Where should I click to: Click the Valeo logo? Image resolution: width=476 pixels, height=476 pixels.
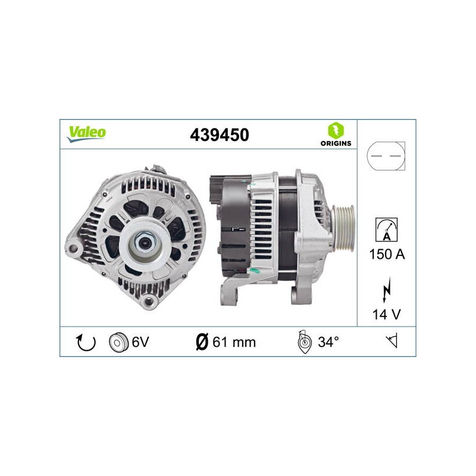[x=86, y=134]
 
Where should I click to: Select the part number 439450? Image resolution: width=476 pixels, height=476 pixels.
[x=220, y=135]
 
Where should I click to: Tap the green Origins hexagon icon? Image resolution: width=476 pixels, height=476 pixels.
[x=336, y=130]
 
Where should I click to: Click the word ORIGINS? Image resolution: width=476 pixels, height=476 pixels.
[x=336, y=143]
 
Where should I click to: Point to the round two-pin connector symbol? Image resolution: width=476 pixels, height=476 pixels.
[x=386, y=156]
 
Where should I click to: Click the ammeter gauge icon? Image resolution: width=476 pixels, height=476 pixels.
[x=386, y=230]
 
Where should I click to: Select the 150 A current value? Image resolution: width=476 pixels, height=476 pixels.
[x=387, y=254]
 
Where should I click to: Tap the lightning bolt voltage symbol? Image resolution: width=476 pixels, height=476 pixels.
[x=386, y=290]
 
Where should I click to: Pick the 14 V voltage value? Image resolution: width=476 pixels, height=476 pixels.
[x=386, y=314]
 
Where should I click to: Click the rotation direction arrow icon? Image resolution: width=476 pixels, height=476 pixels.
[x=86, y=342]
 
